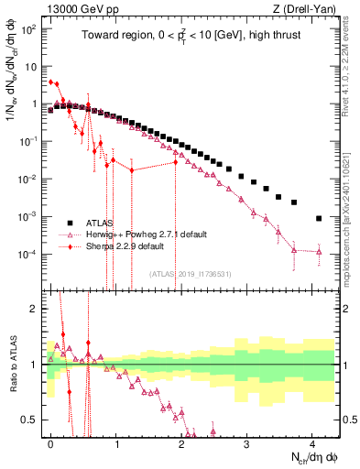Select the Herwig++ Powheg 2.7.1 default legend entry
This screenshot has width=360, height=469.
pos(136,234)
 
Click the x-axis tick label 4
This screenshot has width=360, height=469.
pos(312,442)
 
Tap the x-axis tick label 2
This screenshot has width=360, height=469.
pos(181,442)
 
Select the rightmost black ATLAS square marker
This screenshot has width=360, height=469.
pos(318,219)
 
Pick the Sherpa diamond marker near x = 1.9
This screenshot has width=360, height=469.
pos(175,163)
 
